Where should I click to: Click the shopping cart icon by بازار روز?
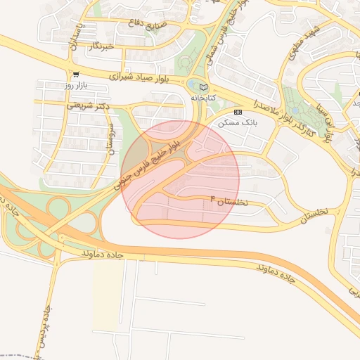(76, 74)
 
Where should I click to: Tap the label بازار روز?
(76, 85)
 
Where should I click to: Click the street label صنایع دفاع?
(145, 25)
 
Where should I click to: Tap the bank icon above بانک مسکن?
(238, 112)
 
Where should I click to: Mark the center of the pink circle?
(180, 179)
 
